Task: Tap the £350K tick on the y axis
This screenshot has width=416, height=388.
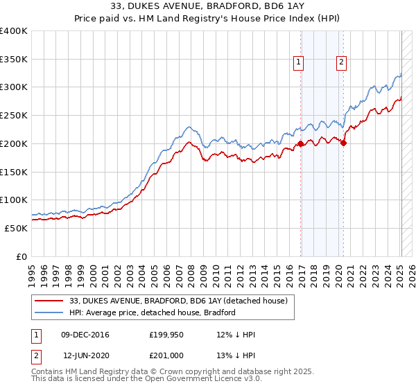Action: coord(14,60)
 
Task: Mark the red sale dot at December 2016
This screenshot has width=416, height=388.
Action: coord(301,144)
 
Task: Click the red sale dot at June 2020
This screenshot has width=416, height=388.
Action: coord(344,143)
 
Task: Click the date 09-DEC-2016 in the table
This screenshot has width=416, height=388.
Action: coord(85,335)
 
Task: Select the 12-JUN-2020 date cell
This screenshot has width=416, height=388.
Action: coord(85,354)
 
